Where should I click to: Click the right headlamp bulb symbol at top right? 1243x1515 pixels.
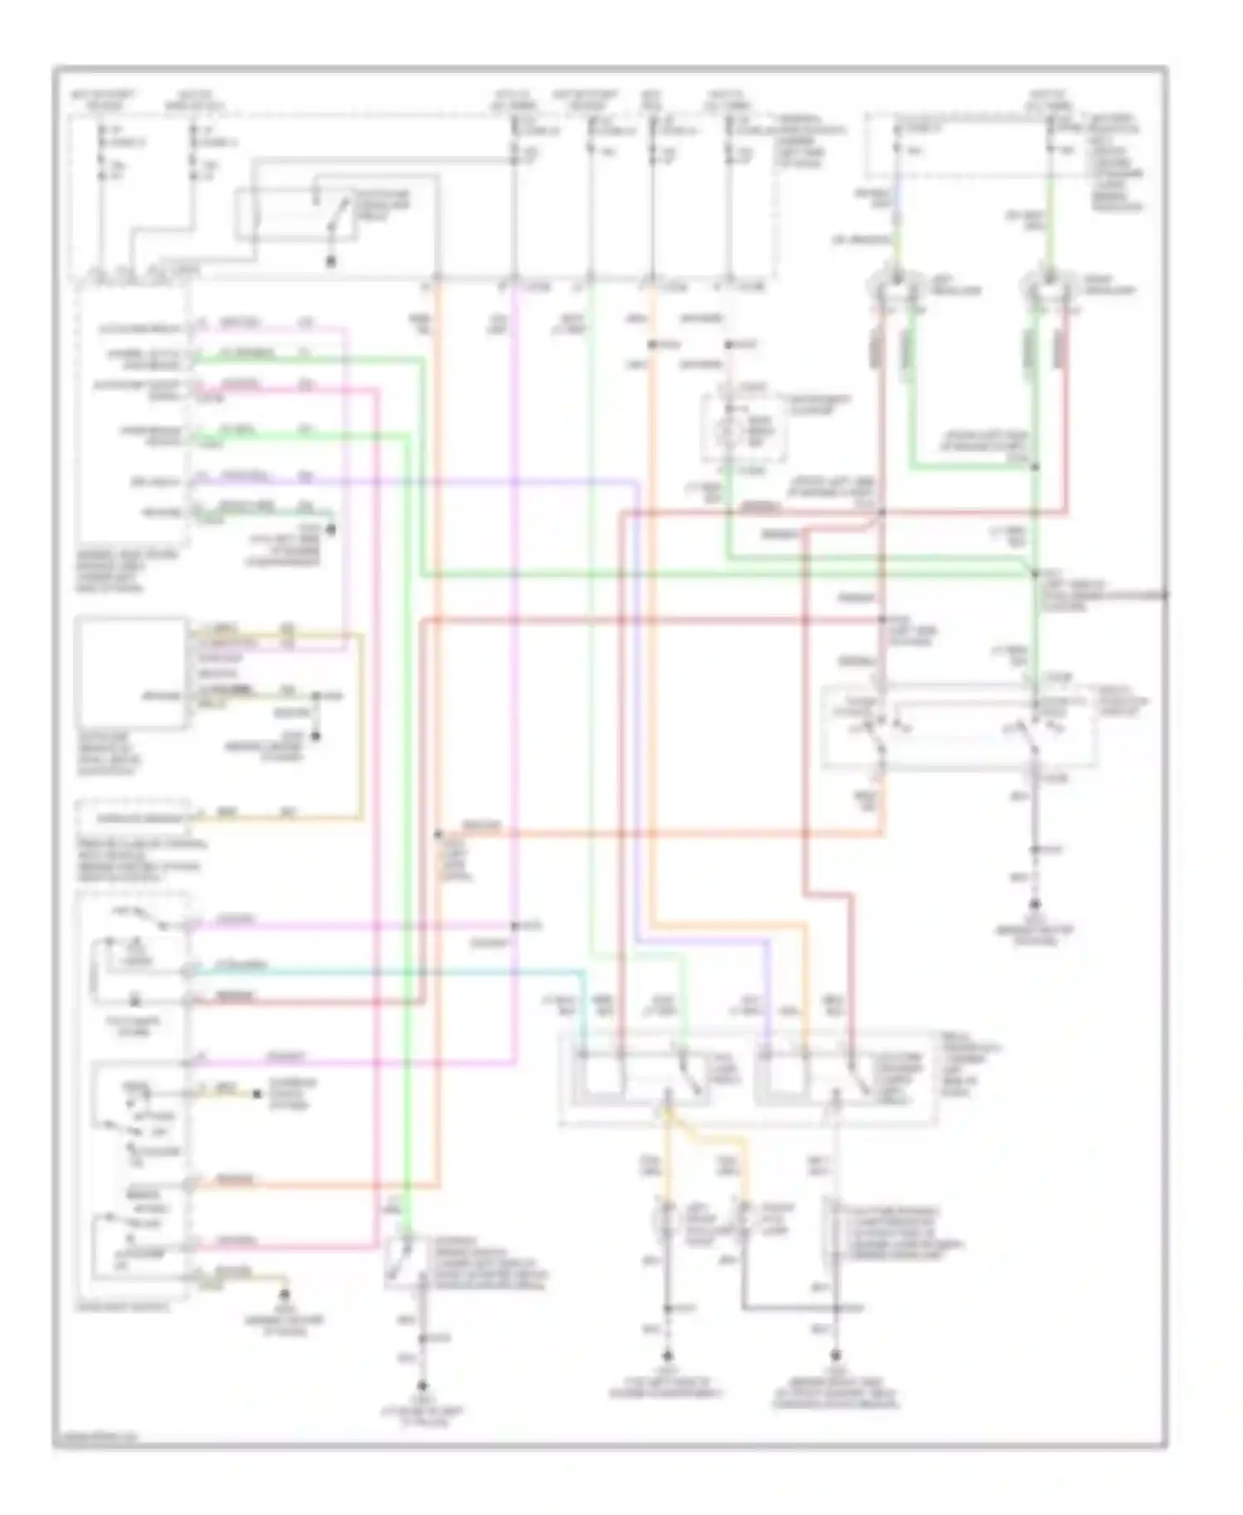click(1047, 286)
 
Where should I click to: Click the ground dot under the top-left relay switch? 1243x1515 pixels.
click(331, 262)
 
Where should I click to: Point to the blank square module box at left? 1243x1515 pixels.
click(131, 671)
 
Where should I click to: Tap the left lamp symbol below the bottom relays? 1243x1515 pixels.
click(665, 1217)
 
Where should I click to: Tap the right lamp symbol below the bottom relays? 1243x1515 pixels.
click(743, 1217)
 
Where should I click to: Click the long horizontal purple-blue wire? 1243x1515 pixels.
click(414, 480)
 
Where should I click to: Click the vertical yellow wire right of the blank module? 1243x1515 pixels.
click(361, 725)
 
